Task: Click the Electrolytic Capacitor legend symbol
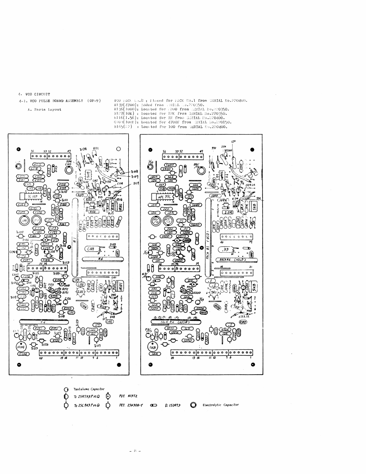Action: (x=193, y=405)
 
